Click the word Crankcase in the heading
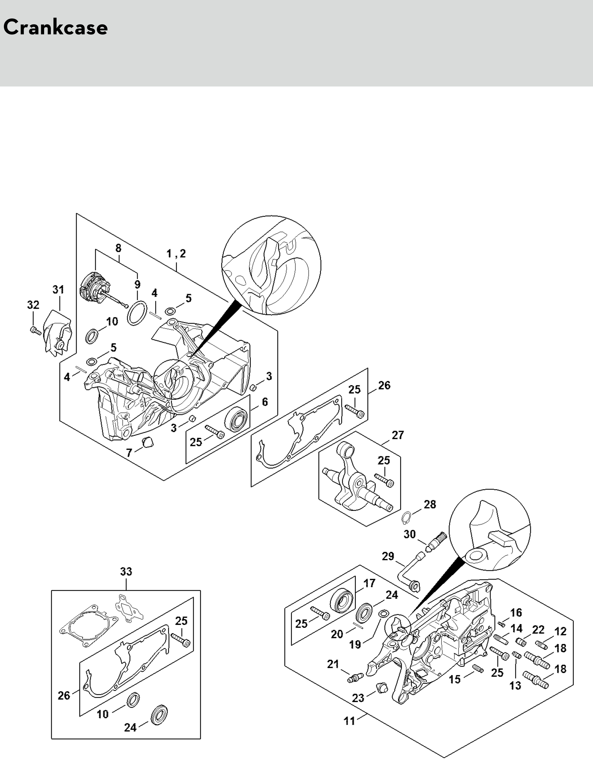point(55,28)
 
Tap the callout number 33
point(126,571)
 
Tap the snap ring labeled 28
point(406,518)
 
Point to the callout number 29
point(388,556)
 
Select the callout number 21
point(333,664)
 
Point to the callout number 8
point(118,248)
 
